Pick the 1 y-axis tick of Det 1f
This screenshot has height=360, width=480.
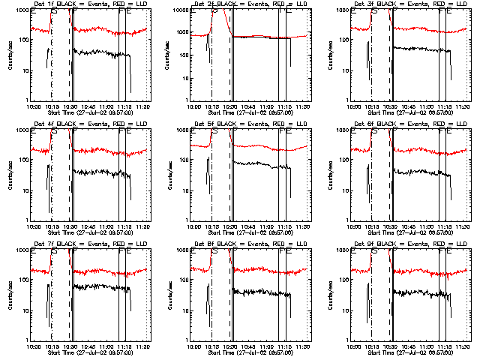[27, 100]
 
